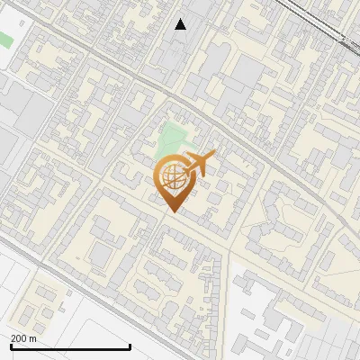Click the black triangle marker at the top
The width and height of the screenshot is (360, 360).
(x=181, y=24)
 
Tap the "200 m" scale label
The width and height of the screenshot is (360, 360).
(x=23, y=337)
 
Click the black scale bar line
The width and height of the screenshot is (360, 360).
(x=70, y=346)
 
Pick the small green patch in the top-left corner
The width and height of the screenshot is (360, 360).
(x=5, y=40)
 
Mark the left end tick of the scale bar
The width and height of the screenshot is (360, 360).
(x=11, y=346)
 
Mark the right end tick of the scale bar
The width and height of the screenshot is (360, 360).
(x=130, y=346)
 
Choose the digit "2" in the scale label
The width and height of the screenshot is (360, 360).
(x=13, y=337)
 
